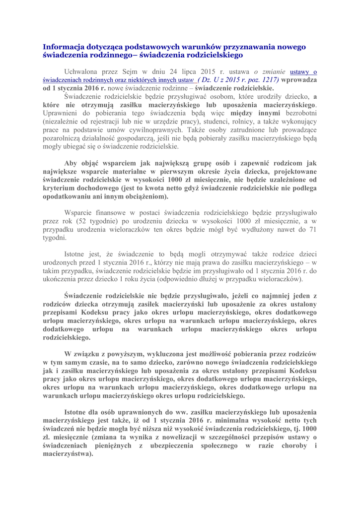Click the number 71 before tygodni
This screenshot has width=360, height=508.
(x=312, y=229)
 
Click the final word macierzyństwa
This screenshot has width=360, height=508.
(x=68, y=453)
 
